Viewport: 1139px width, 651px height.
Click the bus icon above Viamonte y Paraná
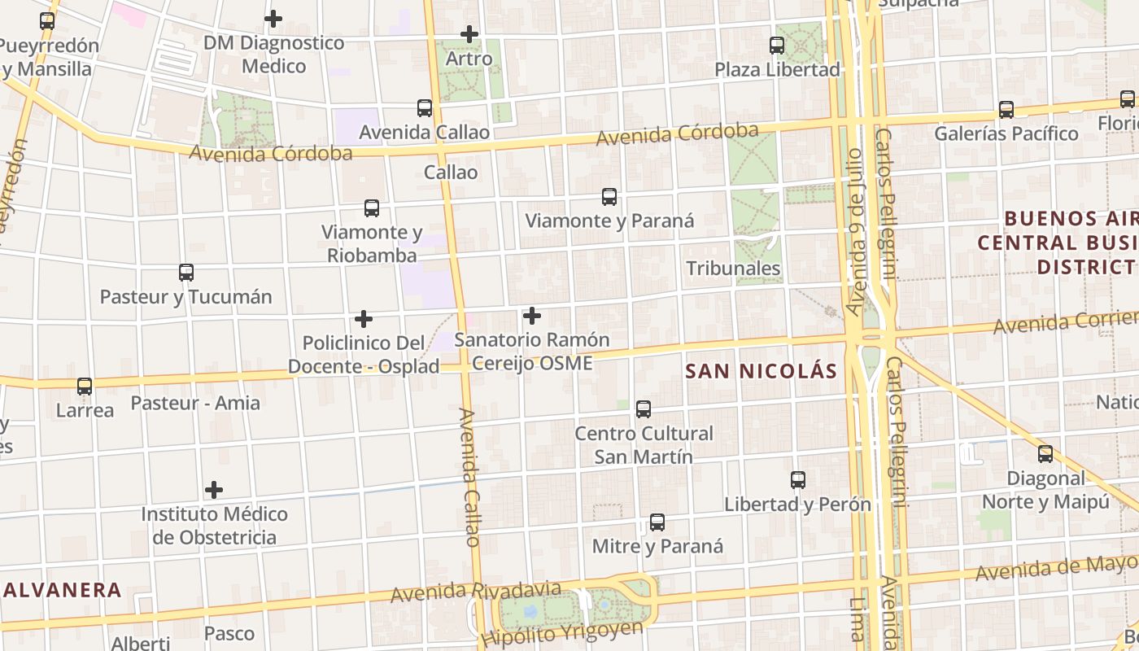(x=609, y=196)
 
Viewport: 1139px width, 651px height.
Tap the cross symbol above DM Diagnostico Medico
(x=273, y=18)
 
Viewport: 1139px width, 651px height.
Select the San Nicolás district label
(x=761, y=371)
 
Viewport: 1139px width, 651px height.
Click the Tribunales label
(x=733, y=268)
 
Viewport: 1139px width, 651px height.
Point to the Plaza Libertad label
(x=777, y=69)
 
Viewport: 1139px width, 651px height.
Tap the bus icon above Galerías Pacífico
(x=1006, y=109)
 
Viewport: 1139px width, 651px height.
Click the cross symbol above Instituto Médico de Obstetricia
(x=214, y=490)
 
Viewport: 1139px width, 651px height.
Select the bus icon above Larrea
(x=85, y=386)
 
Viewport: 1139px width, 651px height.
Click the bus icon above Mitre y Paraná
(x=657, y=522)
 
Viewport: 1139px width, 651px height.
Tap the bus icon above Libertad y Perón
(x=798, y=480)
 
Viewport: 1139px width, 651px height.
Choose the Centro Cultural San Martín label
(x=644, y=444)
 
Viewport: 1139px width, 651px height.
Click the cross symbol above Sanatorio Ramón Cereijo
(x=532, y=315)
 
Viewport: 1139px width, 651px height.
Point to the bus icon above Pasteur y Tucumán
(x=186, y=273)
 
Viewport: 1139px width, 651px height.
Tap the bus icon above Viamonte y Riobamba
(x=372, y=208)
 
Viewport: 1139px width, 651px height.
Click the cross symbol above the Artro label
(x=469, y=34)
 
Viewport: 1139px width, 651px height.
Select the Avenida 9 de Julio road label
(x=853, y=244)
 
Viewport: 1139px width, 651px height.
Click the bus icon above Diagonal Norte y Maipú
(x=1045, y=454)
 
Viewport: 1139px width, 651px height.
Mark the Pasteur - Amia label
(x=195, y=403)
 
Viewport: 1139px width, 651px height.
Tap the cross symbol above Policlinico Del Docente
(x=364, y=318)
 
